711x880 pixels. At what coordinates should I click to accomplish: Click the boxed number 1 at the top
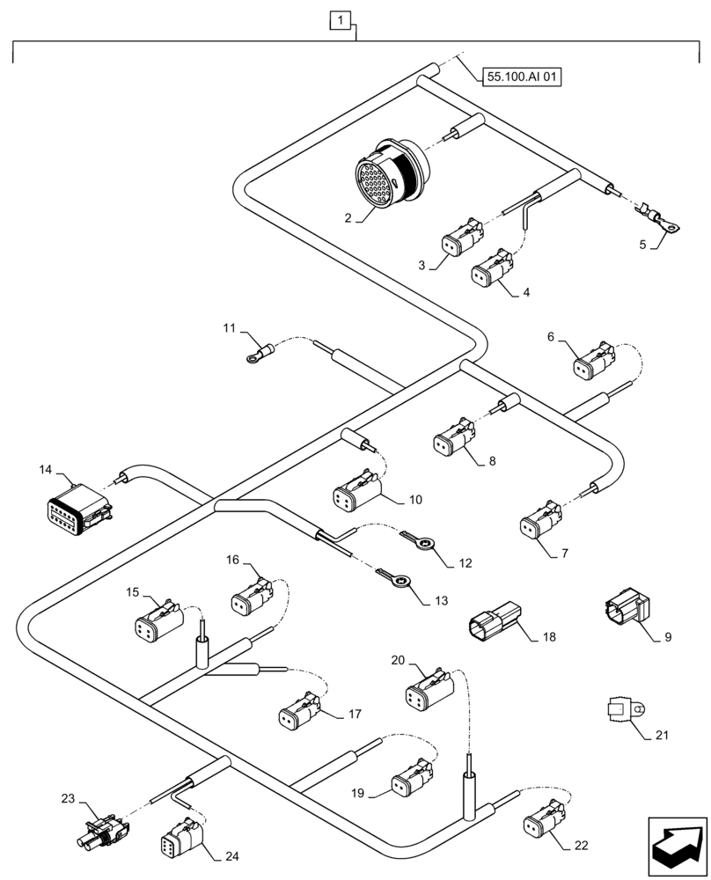point(341,18)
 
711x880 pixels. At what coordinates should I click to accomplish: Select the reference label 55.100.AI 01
point(522,77)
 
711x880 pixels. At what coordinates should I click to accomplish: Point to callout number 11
point(229,327)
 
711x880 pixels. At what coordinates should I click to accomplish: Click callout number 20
point(398,660)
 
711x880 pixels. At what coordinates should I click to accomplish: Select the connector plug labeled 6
point(594,361)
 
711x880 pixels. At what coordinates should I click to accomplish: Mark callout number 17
point(355,715)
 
